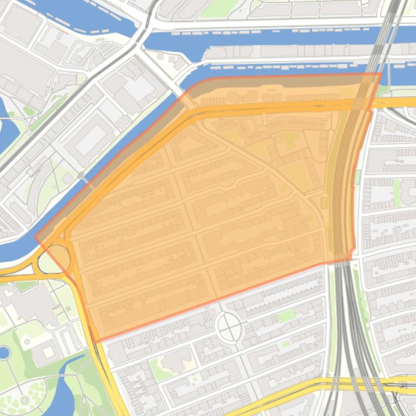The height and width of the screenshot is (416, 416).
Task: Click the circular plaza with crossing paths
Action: click(x=228, y=327)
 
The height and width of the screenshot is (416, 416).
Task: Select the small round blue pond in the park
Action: click(x=4, y=353)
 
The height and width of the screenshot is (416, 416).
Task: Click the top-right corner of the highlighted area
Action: click(x=381, y=73)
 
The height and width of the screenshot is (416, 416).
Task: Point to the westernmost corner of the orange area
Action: click(x=36, y=237)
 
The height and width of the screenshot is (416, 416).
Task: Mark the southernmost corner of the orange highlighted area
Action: click(x=97, y=342)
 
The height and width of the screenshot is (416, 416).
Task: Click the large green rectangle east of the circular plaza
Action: click(x=286, y=316)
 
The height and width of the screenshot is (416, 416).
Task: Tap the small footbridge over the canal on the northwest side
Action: click(x=80, y=176)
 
